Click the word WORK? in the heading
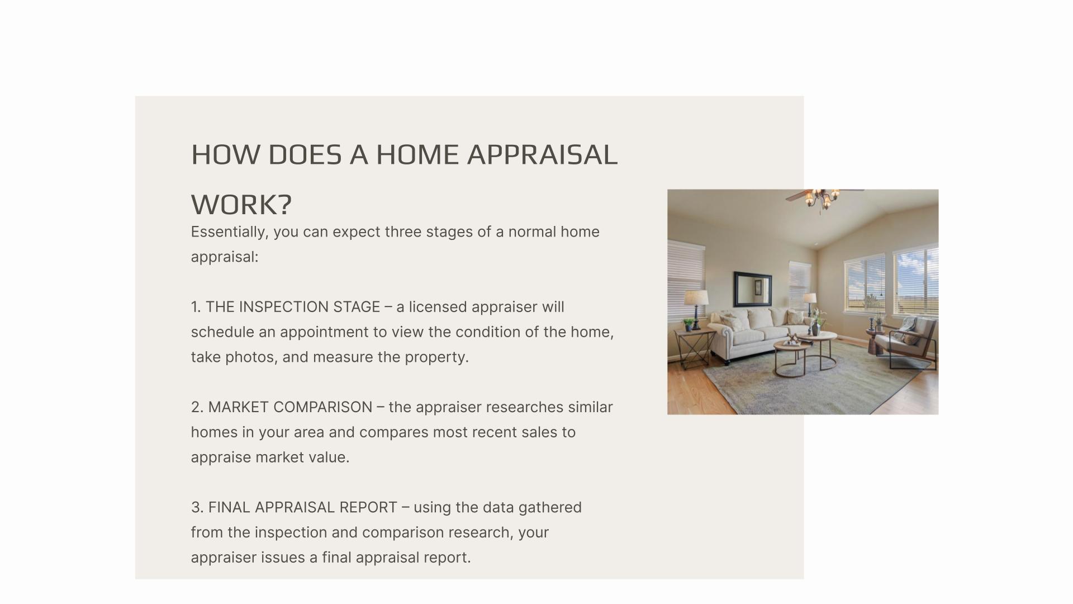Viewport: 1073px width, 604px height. (x=241, y=205)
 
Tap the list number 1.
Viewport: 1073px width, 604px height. (x=196, y=307)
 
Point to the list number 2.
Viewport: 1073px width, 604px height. (x=197, y=407)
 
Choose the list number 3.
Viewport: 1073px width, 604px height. (x=197, y=507)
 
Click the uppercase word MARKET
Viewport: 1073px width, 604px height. (x=239, y=407)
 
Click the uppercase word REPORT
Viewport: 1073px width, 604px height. (x=368, y=507)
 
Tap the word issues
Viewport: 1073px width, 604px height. (x=283, y=558)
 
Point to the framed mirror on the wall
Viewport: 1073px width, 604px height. (x=752, y=289)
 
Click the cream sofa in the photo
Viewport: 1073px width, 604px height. (x=761, y=334)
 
